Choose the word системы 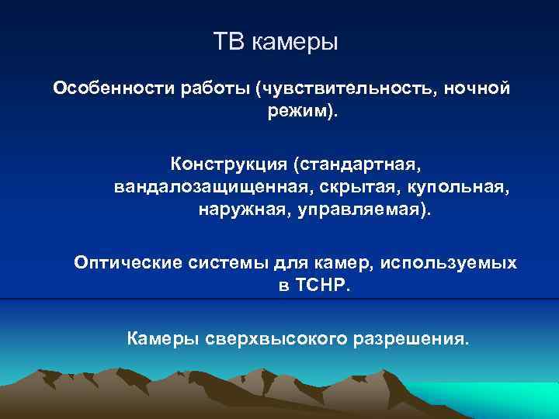point(229,263)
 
